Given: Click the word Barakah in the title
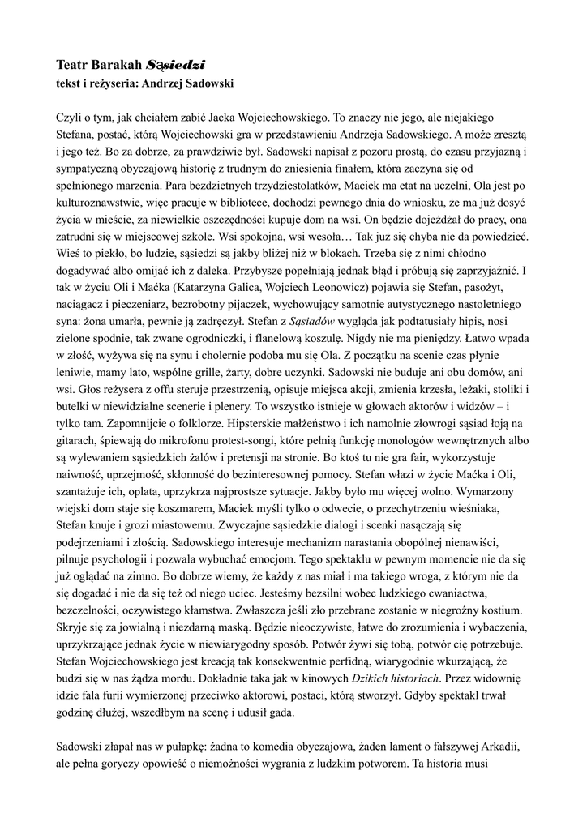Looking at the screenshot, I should (115, 63).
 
